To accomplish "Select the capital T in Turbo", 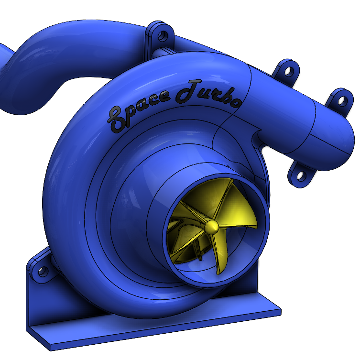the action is (x=188, y=91).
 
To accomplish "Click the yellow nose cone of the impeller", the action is (x=212, y=227).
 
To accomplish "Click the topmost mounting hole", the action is (x=163, y=36).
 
